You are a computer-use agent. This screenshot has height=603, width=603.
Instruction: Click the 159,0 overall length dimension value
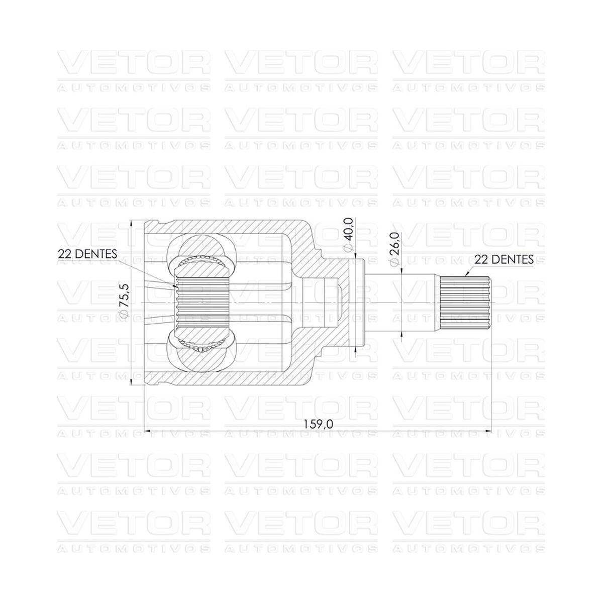click(318, 424)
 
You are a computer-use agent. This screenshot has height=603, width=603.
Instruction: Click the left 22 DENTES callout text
click(87, 254)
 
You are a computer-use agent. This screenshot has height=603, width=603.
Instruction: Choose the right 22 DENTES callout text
click(504, 259)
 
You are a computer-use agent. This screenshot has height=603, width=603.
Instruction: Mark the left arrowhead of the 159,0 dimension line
click(148, 431)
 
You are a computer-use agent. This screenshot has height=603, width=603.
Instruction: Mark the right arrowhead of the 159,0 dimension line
click(487, 431)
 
